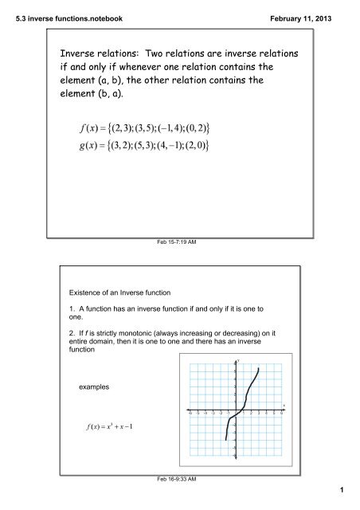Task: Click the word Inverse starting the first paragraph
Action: [x=71, y=53]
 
